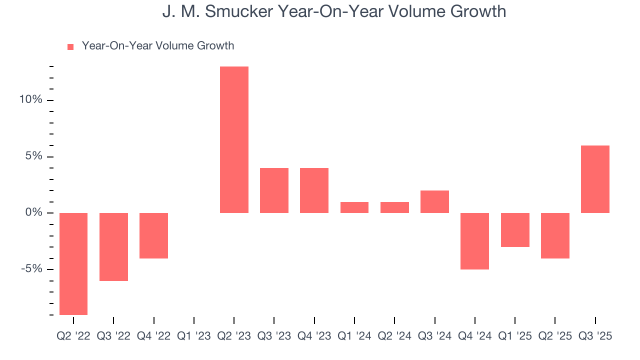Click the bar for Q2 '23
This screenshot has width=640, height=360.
click(x=234, y=139)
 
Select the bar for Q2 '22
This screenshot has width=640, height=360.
click(x=73, y=263)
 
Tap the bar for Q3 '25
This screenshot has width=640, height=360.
click(x=595, y=179)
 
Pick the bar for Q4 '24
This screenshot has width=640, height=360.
click(x=474, y=241)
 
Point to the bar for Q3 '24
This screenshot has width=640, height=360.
click(x=434, y=201)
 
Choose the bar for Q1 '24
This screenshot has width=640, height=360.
click(x=354, y=207)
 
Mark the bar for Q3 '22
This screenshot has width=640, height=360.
click(x=113, y=246)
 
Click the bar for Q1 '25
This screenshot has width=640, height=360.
click(x=515, y=230)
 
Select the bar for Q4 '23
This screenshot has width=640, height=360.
click(x=314, y=190)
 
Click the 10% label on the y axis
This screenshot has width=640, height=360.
click(x=30, y=100)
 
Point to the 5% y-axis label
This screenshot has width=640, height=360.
click(x=33, y=156)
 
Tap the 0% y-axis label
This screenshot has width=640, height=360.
click(x=33, y=213)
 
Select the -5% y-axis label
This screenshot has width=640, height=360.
click(x=31, y=269)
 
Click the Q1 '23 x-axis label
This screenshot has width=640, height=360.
click(x=194, y=336)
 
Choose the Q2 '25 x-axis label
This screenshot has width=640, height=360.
click(x=555, y=336)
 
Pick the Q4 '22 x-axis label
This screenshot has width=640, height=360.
click(x=153, y=336)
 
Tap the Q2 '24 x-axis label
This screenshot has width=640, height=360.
click(x=394, y=336)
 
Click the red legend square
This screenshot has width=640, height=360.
click(x=70, y=46)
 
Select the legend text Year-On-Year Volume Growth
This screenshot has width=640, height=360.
click(x=158, y=46)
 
